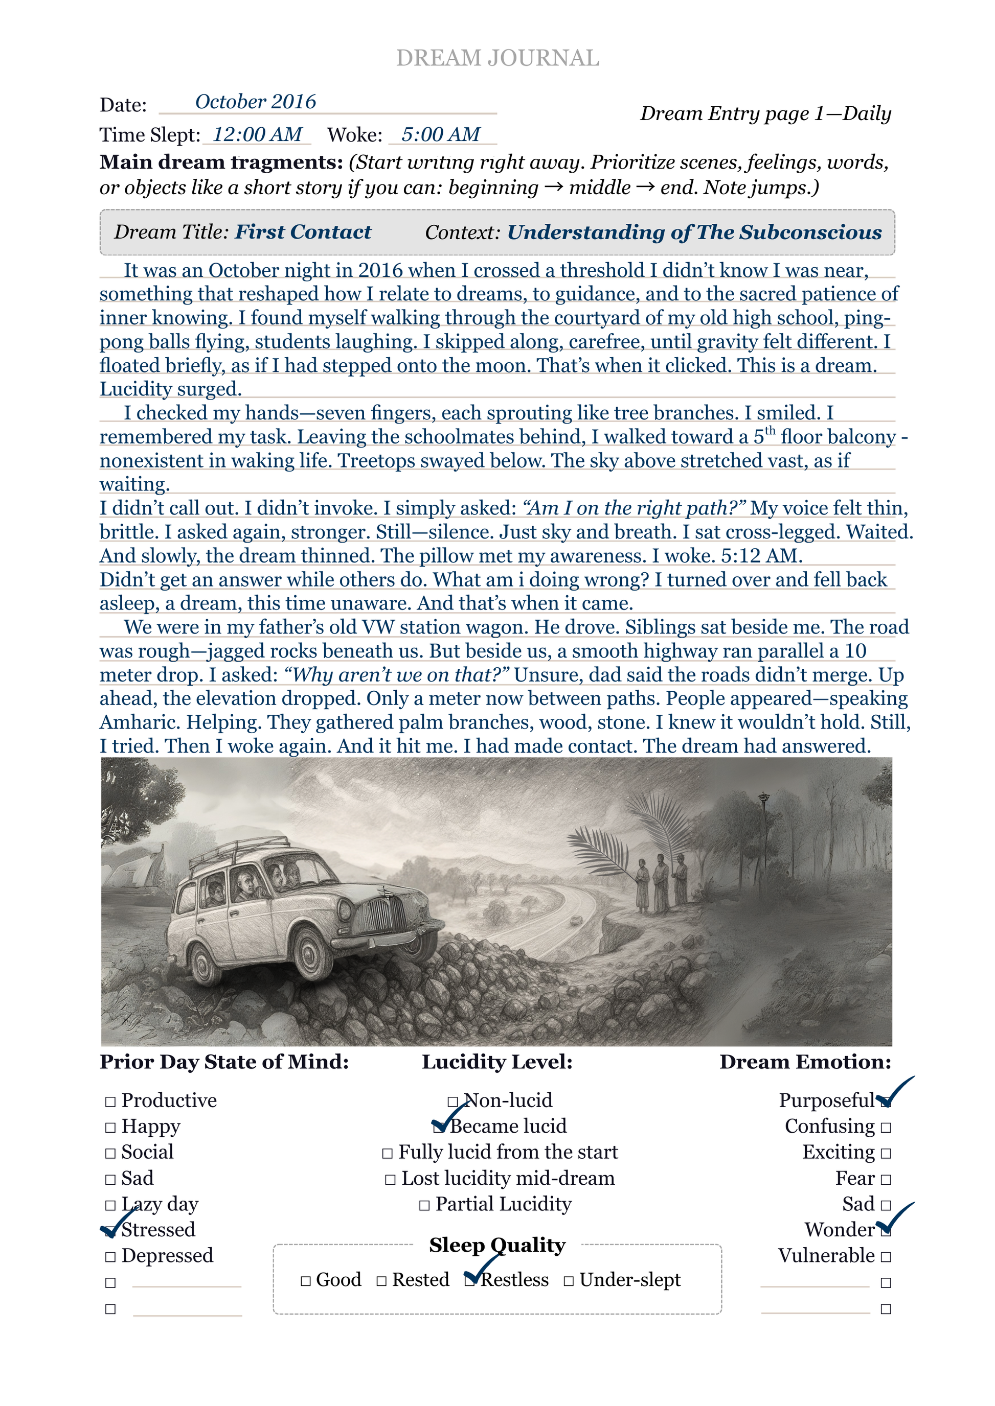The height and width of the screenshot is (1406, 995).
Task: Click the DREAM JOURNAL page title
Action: pos(497,58)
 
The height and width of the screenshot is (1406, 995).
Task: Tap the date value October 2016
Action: pos(256,102)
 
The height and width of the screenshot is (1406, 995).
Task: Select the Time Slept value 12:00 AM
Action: pos(257,134)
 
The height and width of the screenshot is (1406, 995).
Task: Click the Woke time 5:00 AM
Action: pos(441,134)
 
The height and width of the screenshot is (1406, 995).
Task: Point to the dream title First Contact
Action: pos(303,232)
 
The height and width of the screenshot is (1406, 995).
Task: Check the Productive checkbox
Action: pos(110,1102)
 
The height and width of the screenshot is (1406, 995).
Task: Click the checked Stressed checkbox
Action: pos(110,1231)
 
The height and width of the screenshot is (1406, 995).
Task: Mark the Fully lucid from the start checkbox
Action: pos(387,1154)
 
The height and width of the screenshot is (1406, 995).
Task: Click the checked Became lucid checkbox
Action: pos(439,1127)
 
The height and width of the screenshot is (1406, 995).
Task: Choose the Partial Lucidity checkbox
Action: pos(424,1206)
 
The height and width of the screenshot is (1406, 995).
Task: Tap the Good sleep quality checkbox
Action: pos(306,1281)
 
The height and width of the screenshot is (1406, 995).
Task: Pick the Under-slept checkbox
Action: pos(569,1281)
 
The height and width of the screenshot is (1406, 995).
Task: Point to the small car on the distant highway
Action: pos(575,921)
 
